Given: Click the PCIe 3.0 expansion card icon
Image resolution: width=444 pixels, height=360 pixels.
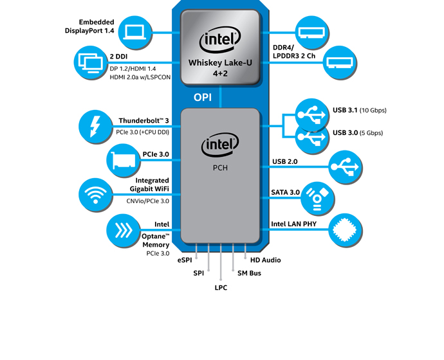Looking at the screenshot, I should click(x=123, y=161).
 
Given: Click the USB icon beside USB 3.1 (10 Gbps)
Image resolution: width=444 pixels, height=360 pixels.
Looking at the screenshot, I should click(x=311, y=114).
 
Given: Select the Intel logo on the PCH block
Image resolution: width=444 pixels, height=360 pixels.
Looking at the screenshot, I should click(x=220, y=146).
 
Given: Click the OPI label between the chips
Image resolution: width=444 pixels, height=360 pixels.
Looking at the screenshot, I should click(x=203, y=98).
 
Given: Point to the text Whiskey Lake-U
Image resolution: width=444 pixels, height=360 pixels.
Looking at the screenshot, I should click(x=220, y=63).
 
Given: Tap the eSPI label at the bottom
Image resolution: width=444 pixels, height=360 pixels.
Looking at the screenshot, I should click(x=185, y=260).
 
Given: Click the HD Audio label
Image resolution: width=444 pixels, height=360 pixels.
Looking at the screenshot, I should click(x=265, y=260).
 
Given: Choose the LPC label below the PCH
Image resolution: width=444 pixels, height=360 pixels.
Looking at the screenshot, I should click(x=221, y=287).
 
